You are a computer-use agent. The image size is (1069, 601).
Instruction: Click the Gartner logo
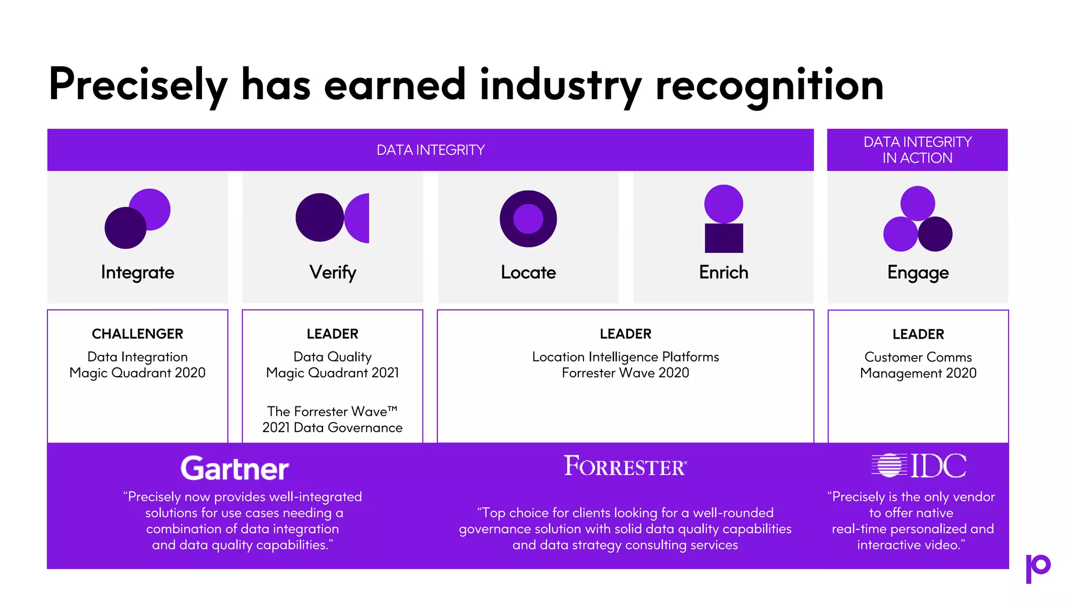[234, 468]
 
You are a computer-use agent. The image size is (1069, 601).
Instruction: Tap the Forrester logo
[625, 466]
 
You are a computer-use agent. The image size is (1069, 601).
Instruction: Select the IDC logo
[919, 465]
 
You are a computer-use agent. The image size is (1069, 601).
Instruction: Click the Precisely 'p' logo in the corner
[1038, 568]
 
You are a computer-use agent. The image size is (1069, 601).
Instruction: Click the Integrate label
[138, 272]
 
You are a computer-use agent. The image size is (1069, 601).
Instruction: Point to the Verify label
[333, 272]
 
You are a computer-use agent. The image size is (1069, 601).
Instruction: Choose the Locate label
[528, 272]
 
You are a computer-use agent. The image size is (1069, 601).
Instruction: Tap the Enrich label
[723, 272]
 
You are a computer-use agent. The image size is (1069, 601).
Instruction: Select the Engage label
[918, 273]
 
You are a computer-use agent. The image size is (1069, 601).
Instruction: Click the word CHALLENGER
[138, 334]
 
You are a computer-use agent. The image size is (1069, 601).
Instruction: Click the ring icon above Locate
[528, 219]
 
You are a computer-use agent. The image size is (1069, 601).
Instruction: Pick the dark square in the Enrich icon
[724, 238]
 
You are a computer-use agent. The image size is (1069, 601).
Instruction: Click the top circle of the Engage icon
[918, 203]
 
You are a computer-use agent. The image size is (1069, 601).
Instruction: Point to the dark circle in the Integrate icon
[125, 229]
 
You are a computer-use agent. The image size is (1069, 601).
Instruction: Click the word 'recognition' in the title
[769, 85]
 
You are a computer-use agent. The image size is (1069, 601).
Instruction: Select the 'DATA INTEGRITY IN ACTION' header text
[918, 150]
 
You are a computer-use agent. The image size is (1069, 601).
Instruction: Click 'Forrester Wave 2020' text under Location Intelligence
[625, 373]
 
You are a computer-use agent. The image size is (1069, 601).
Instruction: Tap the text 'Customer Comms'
[918, 357]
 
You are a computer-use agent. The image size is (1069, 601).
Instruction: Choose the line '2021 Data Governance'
[332, 428]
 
